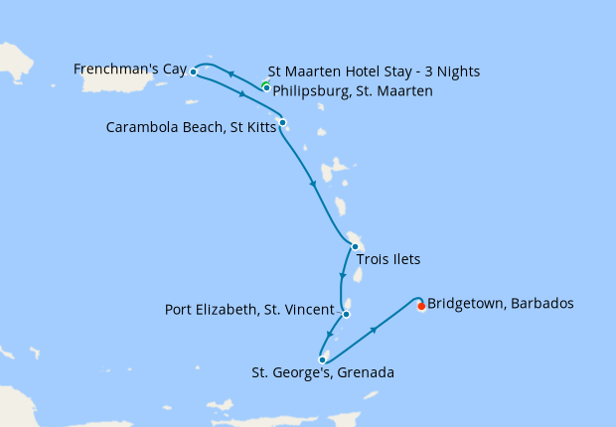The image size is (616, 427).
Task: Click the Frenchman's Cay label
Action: (130, 69)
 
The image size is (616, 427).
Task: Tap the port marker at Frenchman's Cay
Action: (193, 72)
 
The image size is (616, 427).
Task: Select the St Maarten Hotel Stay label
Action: (374, 72)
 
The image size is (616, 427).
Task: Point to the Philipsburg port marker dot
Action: (266, 87)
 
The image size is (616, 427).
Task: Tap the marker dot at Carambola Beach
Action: (283, 123)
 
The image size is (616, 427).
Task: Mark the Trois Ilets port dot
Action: (355, 246)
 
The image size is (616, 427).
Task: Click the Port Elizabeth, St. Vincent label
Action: (248, 310)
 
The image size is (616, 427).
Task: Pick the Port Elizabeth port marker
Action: (346, 314)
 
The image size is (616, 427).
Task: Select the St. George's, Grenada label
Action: (324, 373)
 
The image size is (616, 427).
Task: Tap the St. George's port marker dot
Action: (322, 359)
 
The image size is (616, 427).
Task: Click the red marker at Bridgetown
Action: (421, 306)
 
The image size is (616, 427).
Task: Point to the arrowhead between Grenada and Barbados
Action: (374, 329)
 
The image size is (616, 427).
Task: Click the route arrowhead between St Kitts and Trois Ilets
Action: (314, 184)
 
